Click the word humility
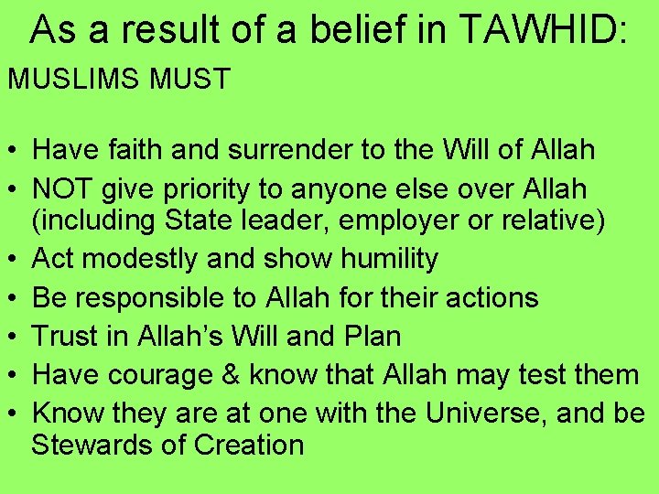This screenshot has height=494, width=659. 389,259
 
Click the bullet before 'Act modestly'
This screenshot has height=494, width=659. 14,260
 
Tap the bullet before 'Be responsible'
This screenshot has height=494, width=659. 14,298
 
